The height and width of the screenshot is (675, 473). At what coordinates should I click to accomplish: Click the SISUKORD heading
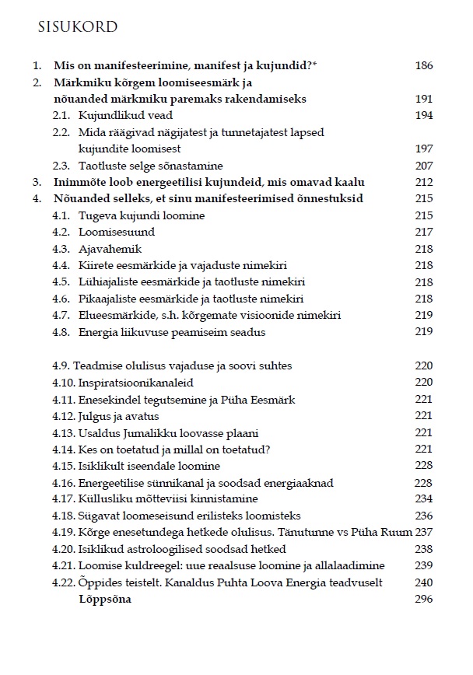click(x=77, y=27)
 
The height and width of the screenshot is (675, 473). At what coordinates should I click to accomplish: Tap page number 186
click(x=423, y=66)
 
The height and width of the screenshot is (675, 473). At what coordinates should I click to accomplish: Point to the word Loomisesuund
click(x=117, y=232)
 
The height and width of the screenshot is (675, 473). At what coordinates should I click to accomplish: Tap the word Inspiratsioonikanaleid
click(x=136, y=382)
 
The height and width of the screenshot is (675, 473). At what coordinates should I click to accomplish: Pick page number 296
click(x=423, y=599)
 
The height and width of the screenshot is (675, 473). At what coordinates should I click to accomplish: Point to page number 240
click(x=423, y=582)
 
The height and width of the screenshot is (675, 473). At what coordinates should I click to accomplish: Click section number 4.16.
click(x=64, y=482)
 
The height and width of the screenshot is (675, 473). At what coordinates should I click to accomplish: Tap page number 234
click(x=423, y=498)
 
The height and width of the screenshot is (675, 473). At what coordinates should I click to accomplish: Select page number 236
click(x=423, y=515)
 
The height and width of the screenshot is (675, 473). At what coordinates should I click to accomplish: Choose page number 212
click(x=423, y=182)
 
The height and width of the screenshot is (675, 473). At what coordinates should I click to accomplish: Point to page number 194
click(x=423, y=115)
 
